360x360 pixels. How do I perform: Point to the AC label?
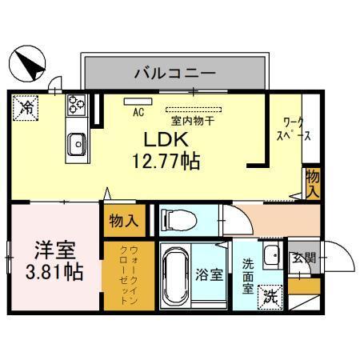[137, 111]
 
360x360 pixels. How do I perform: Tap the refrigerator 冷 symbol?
[26, 106]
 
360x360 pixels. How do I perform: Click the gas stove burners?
[77, 104]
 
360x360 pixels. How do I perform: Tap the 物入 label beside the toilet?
[122, 220]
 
